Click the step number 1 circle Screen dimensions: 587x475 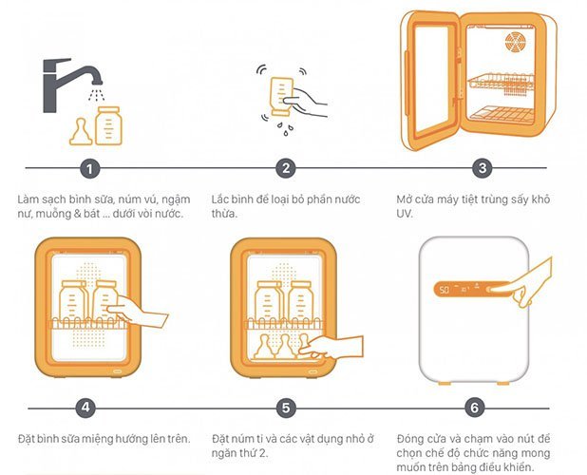click(90, 168)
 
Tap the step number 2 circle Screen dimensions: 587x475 click(286, 168)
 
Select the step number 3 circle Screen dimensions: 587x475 click(483, 168)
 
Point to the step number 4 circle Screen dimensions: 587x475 click(85, 408)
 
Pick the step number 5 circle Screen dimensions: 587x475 click(286, 408)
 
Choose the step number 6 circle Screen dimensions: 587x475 click(474, 408)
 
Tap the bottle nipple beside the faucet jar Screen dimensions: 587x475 click(81, 132)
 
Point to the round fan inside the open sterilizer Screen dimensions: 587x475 click(515, 42)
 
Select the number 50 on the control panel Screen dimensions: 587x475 click(445, 290)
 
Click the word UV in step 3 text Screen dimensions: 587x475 click(405, 214)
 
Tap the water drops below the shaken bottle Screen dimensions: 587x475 click(285, 128)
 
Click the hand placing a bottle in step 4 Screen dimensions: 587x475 click(138, 312)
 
